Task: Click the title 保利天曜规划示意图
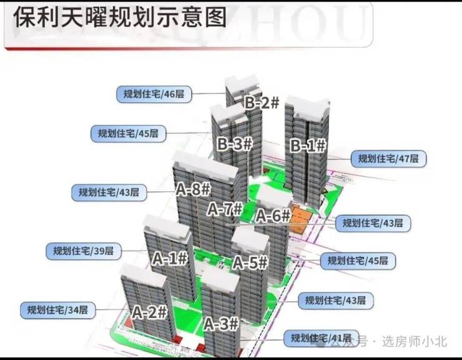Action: pos(119,17)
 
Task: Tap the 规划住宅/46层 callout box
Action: pos(154,94)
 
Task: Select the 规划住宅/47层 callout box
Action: pos(388,159)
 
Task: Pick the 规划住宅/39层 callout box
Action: pos(83,251)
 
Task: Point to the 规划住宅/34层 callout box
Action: pos(57,309)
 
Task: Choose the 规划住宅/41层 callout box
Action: pos(321,338)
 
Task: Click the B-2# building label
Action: pos(261,103)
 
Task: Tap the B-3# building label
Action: pos(235,144)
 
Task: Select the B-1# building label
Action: pos(308,146)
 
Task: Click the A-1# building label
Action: pos(170,257)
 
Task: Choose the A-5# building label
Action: pos(250,263)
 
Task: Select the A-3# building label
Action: pos(221,324)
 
